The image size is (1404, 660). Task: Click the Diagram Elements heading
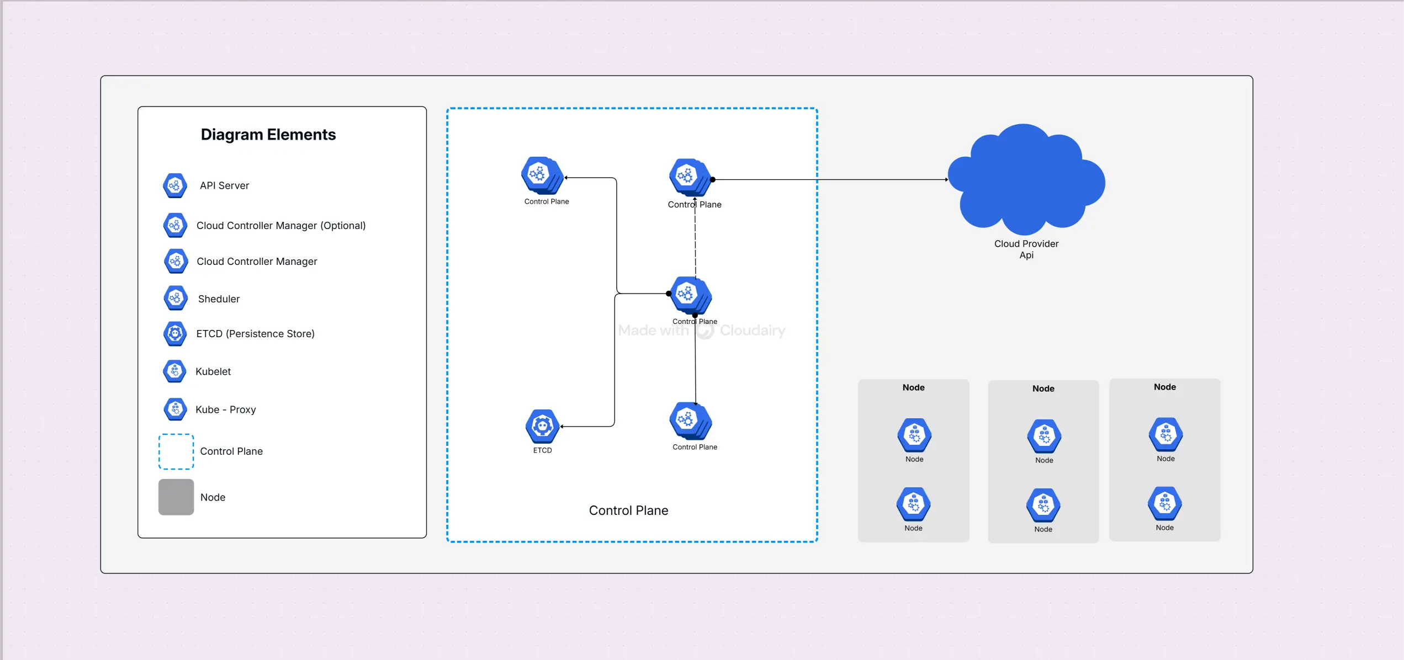[x=268, y=135]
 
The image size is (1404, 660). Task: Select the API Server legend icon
[x=175, y=185]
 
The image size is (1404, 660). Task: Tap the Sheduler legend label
[x=219, y=299]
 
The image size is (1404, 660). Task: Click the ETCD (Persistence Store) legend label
[x=255, y=334]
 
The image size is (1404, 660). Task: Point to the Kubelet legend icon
[x=175, y=371]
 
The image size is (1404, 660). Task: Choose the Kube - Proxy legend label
[x=225, y=409]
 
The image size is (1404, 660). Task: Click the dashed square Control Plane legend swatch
[x=176, y=451]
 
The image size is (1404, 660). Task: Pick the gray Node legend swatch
[x=176, y=497]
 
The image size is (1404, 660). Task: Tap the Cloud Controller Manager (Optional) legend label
[x=280, y=226]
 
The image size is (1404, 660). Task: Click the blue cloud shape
[x=1026, y=179]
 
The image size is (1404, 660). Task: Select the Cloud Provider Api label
[x=1026, y=249]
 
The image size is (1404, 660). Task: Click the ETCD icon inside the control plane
[x=543, y=426]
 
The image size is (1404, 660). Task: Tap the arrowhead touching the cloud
[x=947, y=179]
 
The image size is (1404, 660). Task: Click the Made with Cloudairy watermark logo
[x=704, y=331]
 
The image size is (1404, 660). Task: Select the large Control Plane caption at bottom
[x=628, y=510]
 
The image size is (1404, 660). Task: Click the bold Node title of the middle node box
[x=1043, y=388]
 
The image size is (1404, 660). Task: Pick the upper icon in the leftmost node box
[x=914, y=435]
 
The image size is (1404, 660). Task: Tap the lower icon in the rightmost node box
[x=1164, y=504]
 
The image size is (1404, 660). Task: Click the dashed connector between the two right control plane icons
[x=695, y=243]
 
